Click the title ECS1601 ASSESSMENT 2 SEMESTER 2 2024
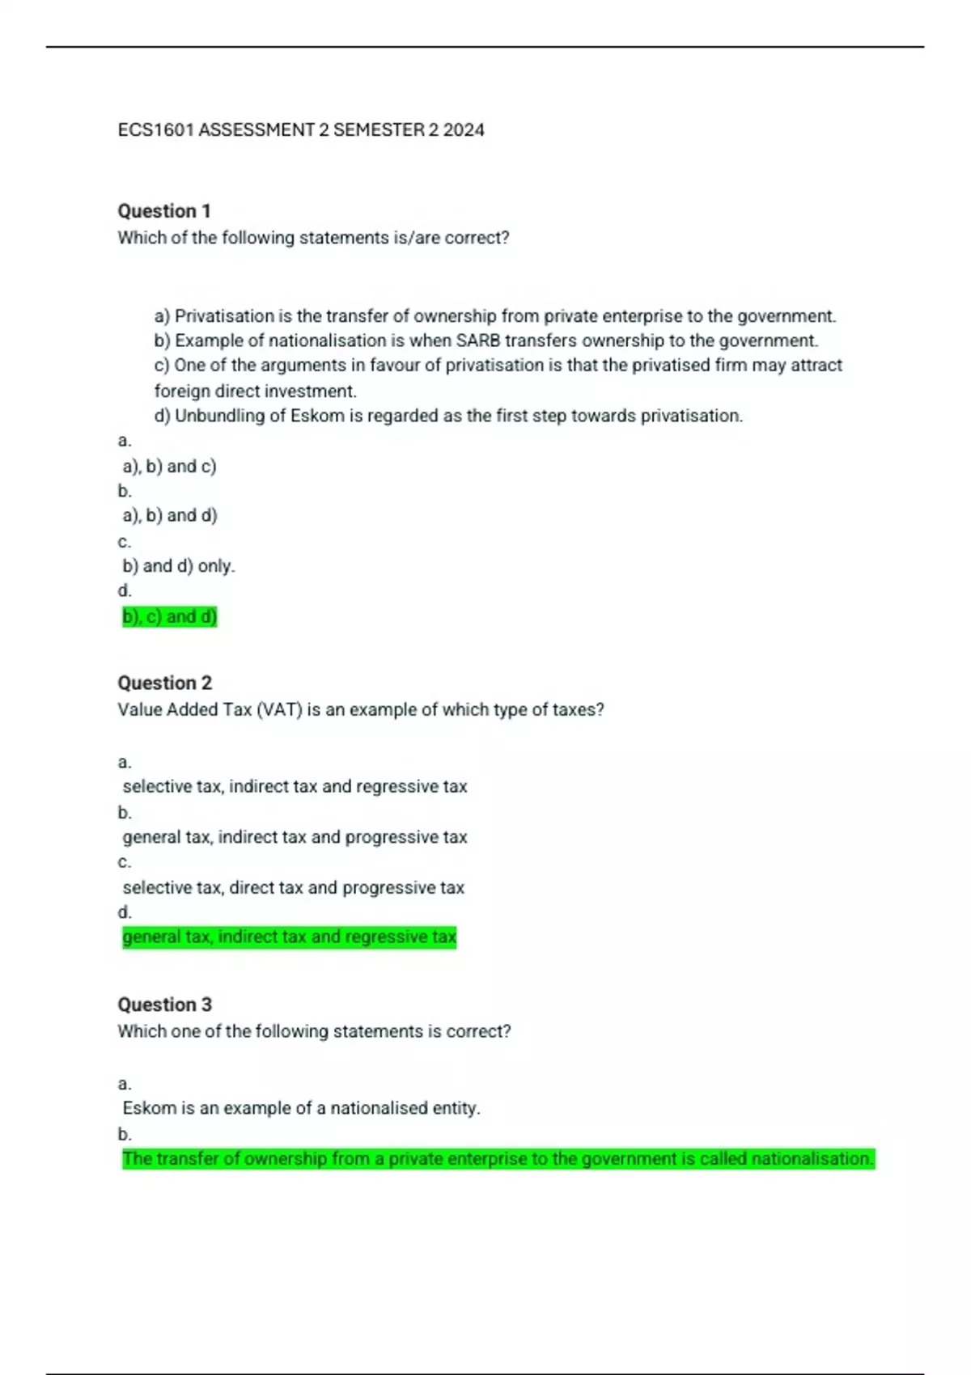click(301, 130)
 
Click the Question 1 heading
click(164, 211)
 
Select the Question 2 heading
click(164, 683)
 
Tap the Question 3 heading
click(164, 1005)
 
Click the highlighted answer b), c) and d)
click(170, 617)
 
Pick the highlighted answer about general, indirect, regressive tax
click(289, 937)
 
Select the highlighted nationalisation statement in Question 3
click(498, 1159)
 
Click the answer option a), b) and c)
click(169, 467)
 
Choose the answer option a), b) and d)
click(170, 515)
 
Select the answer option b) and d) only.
click(178, 566)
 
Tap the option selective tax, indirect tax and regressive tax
click(295, 786)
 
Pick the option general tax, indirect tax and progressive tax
click(295, 837)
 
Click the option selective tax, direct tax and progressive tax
click(293, 887)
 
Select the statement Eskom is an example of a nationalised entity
click(301, 1108)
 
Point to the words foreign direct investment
click(255, 391)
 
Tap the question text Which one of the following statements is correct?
click(314, 1031)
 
